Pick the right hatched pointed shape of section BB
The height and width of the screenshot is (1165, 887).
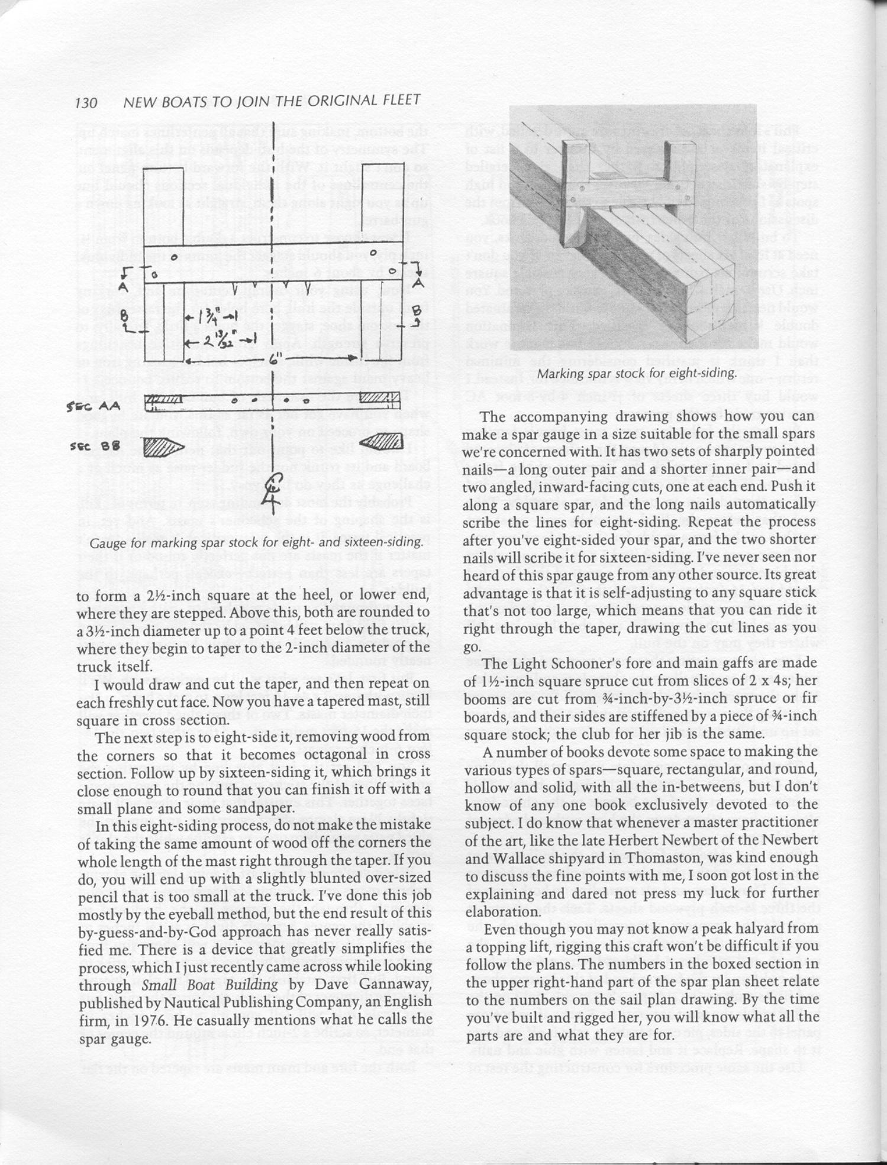point(382,442)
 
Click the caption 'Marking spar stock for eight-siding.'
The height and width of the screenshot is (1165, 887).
point(637,374)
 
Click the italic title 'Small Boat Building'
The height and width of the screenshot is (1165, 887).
point(209,985)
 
